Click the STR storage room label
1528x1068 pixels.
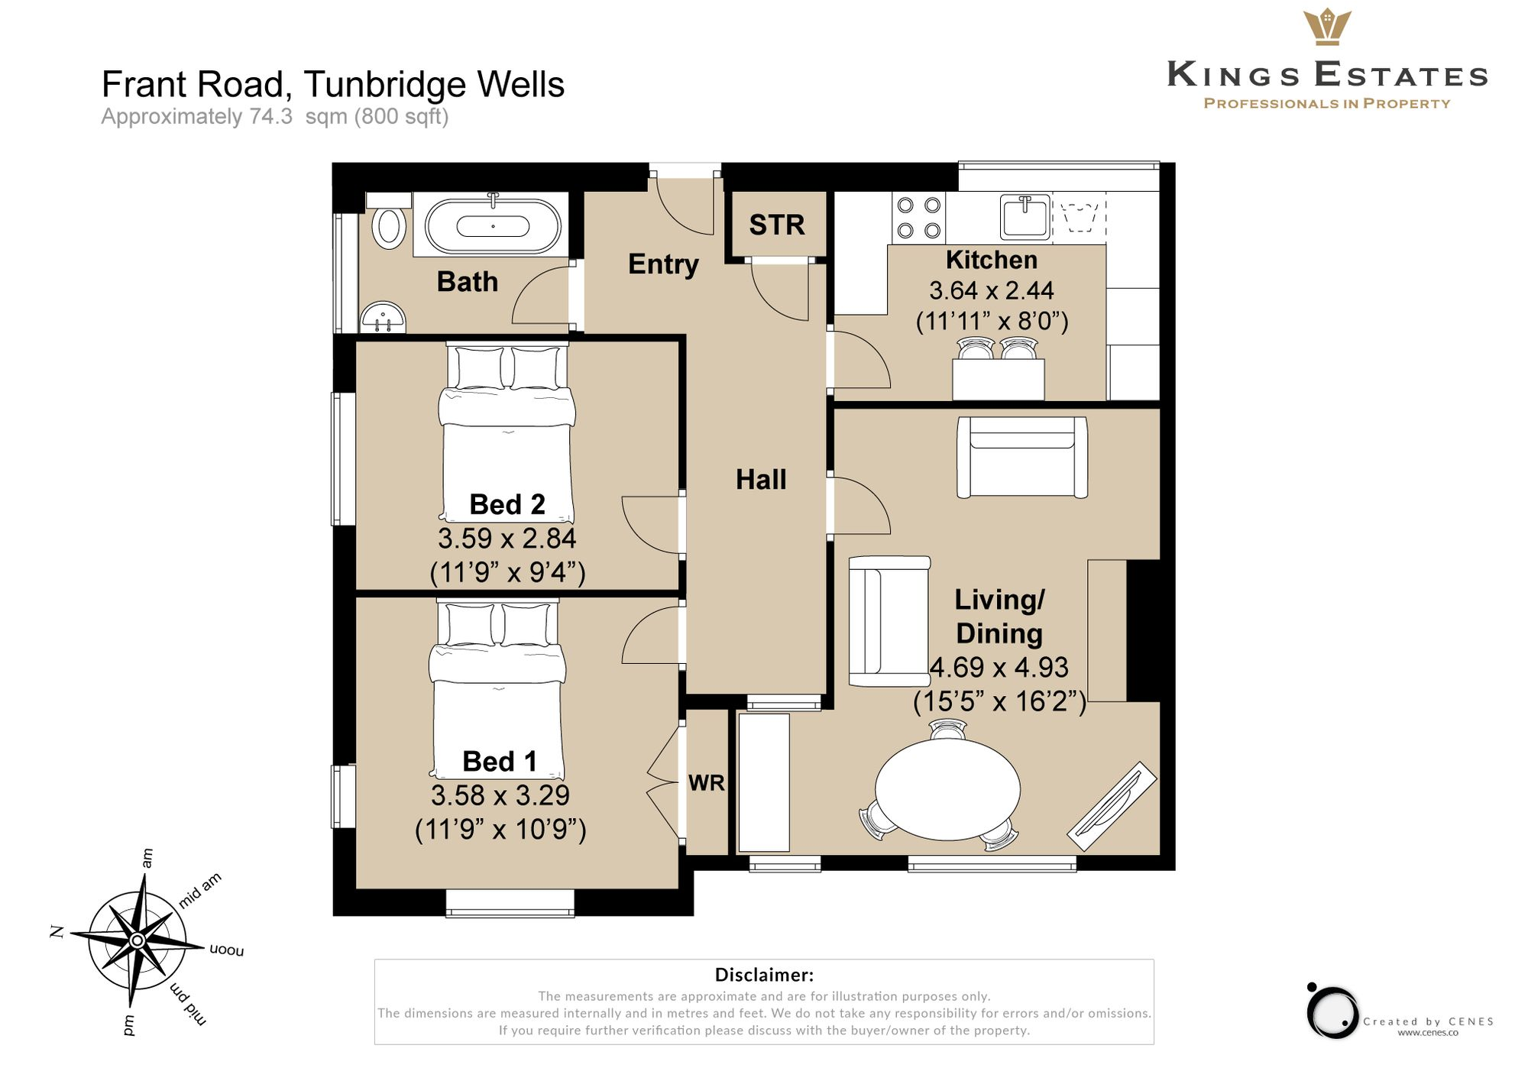click(x=776, y=225)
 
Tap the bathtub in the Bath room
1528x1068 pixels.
click(x=493, y=227)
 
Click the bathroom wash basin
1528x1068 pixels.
click(x=382, y=318)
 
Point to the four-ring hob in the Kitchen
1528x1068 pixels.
click(x=918, y=218)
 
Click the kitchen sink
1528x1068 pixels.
click(x=1025, y=217)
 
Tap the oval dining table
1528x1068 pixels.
click(x=947, y=788)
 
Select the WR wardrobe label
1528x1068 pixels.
click(x=706, y=783)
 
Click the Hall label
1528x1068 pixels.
click(x=761, y=480)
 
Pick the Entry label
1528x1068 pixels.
click(x=663, y=264)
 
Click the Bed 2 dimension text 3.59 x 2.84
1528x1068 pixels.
click(x=507, y=539)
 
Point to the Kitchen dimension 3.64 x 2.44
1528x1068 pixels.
click(x=991, y=290)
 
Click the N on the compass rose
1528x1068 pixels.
click(x=57, y=931)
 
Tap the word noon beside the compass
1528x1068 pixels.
click(x=226, y=950)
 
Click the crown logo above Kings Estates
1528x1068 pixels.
click(x=1327, y=27)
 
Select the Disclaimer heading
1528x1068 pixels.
click(x=764, y=975)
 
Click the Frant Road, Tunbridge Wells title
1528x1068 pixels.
click(x=333, y=85)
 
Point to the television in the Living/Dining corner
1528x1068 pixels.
click(x=1112, y=806)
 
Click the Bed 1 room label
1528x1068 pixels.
click(x=500, y=762)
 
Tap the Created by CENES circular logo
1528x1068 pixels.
click(x=1332, y=1012)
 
